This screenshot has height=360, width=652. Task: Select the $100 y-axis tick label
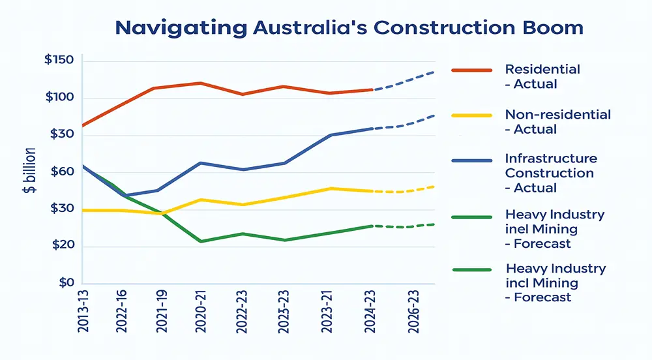pos(59,98)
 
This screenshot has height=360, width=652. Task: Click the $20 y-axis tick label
pos(59,246)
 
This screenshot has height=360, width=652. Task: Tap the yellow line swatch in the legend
pos(471,115)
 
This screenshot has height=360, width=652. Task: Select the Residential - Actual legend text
pos(542,76)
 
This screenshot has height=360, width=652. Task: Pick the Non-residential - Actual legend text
pos(557,122)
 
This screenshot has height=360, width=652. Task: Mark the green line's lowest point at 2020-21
pos(201,241)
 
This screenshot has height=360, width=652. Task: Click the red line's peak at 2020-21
pos(201,83)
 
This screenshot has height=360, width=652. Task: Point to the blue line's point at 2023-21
pos(331,135)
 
